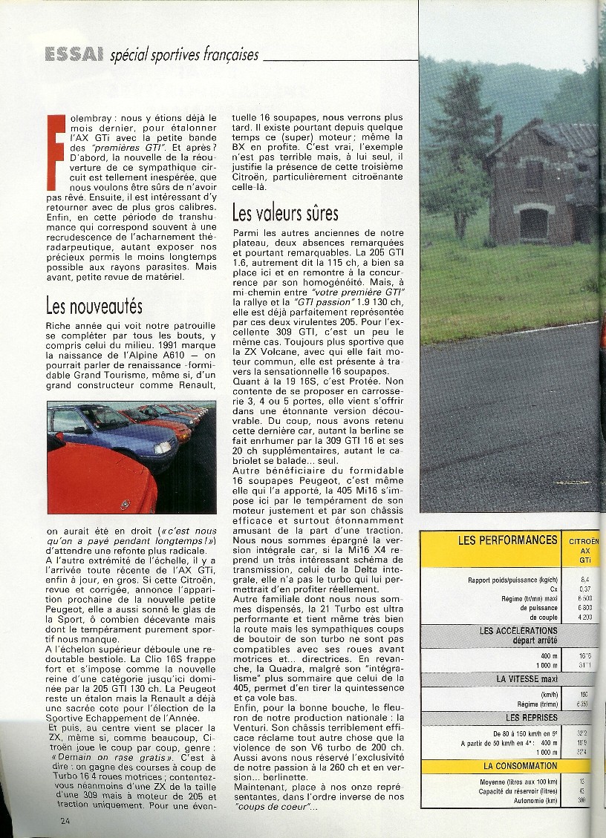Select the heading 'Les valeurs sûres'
(x=285, y=214)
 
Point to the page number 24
(x=66, y=819)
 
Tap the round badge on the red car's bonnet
(x=124, y=505)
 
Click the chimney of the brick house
(x=498, y=130)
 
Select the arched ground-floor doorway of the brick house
(x=532, y=223)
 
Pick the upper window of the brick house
(x=533, y=174)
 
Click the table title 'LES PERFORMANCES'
(x=508, y=540)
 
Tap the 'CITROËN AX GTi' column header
(x=584, y=550)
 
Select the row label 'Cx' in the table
(x=551, y=589)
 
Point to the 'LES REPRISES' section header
(x=523, y=717)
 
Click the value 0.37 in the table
(x=584, y=589)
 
